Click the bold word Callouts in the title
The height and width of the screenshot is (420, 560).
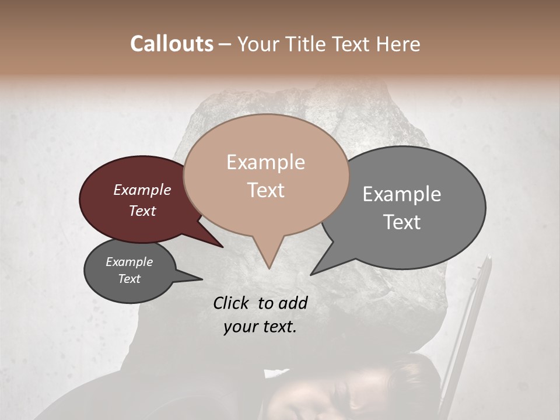coord(171,44)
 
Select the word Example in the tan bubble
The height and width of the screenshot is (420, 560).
coord(265,162)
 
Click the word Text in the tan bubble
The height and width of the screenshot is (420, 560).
coord(265,190)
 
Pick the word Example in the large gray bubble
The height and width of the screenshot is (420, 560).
coord(402,194)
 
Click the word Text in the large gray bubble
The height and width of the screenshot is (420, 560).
coord(402,222)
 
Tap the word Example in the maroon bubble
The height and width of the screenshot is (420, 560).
coord(142,190)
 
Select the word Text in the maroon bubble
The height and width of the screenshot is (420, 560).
coord(142,211)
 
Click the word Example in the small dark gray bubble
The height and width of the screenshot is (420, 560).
coord(129,262)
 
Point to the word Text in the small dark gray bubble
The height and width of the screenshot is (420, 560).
coord(129,279)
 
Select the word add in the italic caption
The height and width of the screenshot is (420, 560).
coord(294,303)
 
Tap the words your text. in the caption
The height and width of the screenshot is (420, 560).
coord(260,327)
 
